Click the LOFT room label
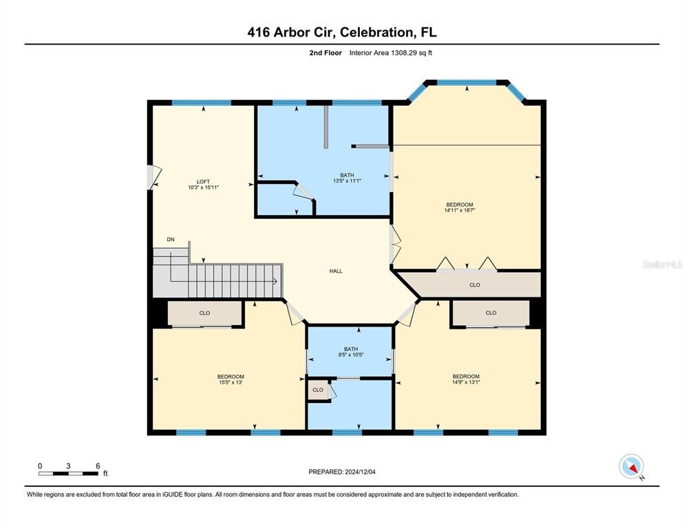pyautogui.click(x=203, y=181)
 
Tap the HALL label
pyautogui.click(x=336, y=271)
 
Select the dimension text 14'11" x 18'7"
pyautogui.click(x=460, y=210)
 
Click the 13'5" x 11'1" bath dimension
pyautogui.click(x=348, y=181)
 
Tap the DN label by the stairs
pyautogui.click(x=171, y=240)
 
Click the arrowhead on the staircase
pyautogui.click(x=275, y=281)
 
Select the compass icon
pyautogui.click(x=631, y=466)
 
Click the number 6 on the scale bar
pyautogui.click(x=98, y=466)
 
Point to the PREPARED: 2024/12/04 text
pyautogui.click(x=342, y=472)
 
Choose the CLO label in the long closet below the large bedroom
pyautogui.click(x=474, y=284)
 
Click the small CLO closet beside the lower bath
pyautogui.click(x=318, y=390)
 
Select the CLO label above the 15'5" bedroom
pyautogui.click(x=204, y=313)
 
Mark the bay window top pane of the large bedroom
pyautogui.click(x=467, y=83)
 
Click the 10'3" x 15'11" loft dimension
pyautogui.click(x=203, y=187)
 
